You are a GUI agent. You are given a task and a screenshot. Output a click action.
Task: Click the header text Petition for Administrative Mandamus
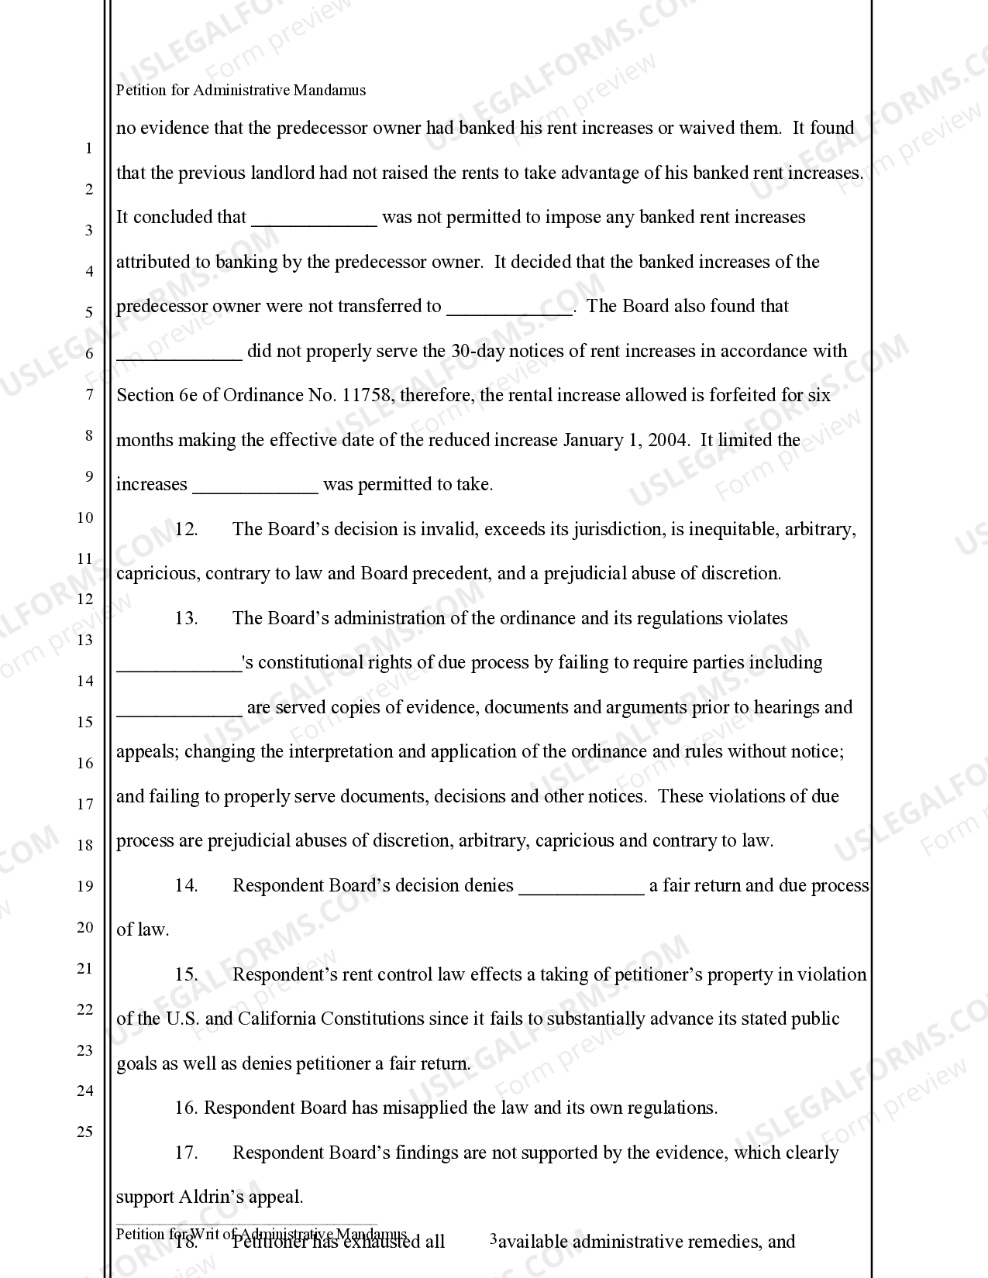click(x=240, y=90)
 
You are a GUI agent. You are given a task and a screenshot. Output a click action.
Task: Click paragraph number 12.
click(x=186, y=530)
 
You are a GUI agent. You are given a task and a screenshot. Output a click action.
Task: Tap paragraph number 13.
click(x=186, y=619)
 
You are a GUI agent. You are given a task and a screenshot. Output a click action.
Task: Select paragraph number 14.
click(x=186, y=886)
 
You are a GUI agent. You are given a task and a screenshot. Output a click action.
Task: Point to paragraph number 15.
click(x=186, y=975)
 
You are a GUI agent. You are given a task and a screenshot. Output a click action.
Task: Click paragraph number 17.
click(x=186, y=1153)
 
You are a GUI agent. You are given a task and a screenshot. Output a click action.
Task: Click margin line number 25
click(x=84, y=1132)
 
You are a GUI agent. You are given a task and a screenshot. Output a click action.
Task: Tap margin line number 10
click(x=84, y=517)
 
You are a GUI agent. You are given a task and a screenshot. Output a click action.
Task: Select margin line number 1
click(x=88, y=148)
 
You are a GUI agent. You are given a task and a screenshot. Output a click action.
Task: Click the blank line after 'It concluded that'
click(x=314, y=218)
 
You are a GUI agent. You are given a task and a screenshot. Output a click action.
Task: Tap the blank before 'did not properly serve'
click(x=179, y=352)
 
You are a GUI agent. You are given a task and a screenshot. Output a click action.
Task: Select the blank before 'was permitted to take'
click(x=255, y=486)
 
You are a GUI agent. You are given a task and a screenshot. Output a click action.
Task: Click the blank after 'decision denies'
click(x=580, y=887)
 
